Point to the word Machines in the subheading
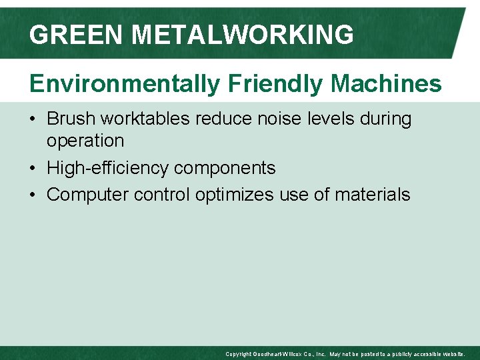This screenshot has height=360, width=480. coord(387,84)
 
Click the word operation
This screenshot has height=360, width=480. coord(85,141)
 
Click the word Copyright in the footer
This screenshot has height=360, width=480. coord(237,354)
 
